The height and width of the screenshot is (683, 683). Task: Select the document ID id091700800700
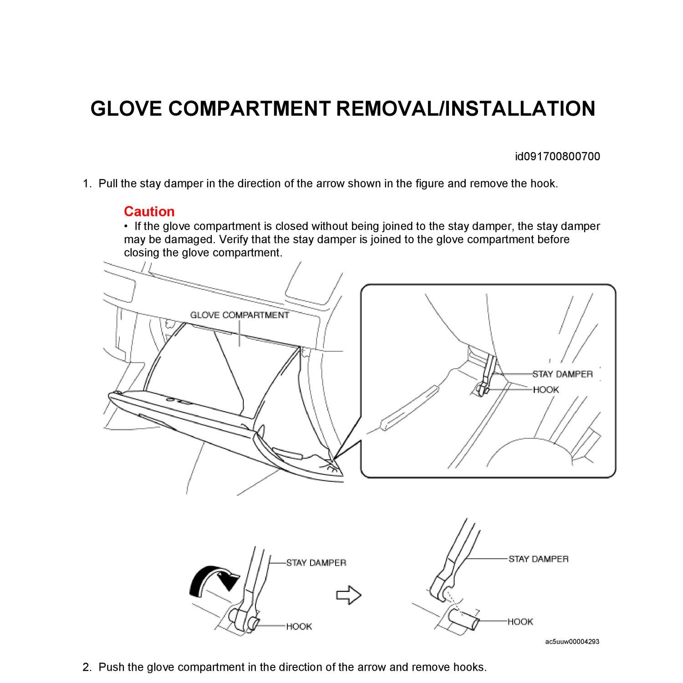[x=557, y=157]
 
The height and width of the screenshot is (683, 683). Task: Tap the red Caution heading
[x=149, y=211]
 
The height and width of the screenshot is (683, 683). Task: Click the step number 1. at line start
[x=87, y=184]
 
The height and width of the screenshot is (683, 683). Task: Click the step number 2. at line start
[x=87, y=667]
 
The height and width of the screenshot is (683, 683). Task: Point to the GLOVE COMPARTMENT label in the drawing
[x=240, y=315]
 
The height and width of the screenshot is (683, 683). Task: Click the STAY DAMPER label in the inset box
[x=562, y=374]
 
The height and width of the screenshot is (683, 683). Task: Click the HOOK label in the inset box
[x=545, y=390]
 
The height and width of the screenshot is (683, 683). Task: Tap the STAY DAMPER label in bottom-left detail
[x=316, y=563]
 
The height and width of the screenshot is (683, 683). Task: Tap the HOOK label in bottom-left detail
[x=299, y=627]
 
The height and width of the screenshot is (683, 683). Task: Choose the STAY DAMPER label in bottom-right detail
[x=538, y=559]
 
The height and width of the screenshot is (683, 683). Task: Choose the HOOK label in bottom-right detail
[x=520, y=622]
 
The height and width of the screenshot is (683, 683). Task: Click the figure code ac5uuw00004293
[x=572, y=642]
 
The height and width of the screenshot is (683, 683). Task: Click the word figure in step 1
[x=430, y=184]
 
